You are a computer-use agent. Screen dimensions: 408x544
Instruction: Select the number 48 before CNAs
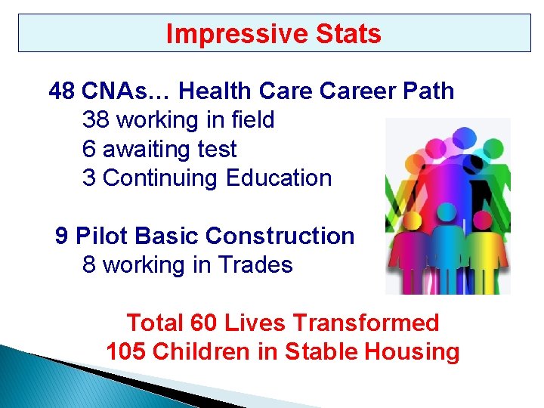(61, 91)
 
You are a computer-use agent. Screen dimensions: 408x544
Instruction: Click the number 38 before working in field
(95, 120)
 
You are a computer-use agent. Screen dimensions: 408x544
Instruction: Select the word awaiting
(147, 150)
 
